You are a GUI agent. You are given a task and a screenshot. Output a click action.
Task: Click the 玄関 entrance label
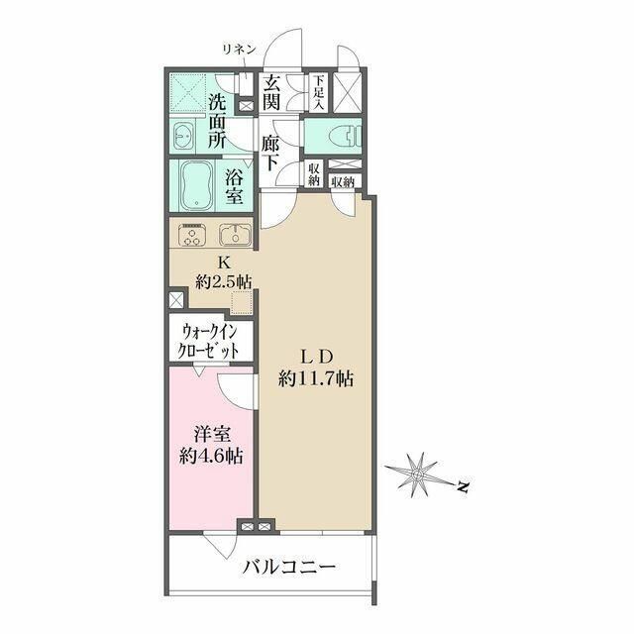271,93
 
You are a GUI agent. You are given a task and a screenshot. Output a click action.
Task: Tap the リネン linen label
239,50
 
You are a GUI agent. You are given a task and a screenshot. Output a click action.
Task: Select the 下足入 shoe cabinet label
319,92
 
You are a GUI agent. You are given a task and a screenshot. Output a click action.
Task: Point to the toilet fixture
346,135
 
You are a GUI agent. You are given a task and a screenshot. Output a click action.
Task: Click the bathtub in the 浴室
196,185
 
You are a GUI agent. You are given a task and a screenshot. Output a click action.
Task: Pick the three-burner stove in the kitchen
191,234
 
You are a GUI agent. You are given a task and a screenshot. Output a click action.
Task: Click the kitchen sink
235,234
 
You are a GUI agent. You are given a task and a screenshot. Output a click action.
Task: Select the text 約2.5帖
223,280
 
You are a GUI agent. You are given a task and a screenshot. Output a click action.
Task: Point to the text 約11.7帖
315,378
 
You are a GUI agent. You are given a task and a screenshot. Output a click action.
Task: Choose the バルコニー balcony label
288,568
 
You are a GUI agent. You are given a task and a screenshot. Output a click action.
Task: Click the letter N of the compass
464,486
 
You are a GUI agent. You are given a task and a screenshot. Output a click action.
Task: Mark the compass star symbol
418,474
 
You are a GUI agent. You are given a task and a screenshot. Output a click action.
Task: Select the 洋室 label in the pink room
211,436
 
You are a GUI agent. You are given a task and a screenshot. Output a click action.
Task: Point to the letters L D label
315,358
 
